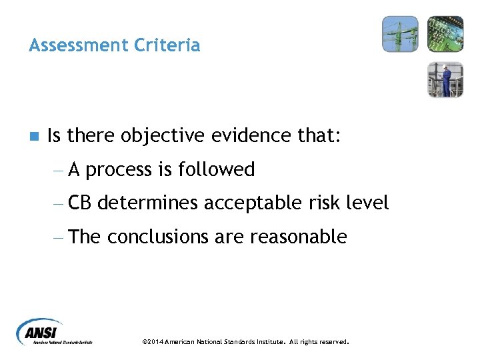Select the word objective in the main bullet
[163, 137]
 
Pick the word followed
[217, 170]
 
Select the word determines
[151, 203]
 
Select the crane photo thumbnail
[400, 34]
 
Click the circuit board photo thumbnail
[445, 34]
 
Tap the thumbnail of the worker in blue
[445, 79]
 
